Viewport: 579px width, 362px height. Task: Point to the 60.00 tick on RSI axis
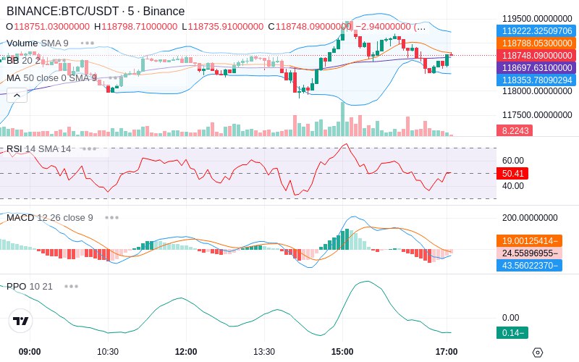(x=512, y=161)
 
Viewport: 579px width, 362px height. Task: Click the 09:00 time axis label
(x=30, y=352)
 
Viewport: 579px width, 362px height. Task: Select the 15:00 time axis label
(x=342, y=352)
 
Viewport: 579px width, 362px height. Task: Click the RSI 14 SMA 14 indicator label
(x=39, y=149)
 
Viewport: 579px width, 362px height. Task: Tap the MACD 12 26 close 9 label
(x=50, y=217)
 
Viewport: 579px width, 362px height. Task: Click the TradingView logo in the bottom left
(x=21, y=321)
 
